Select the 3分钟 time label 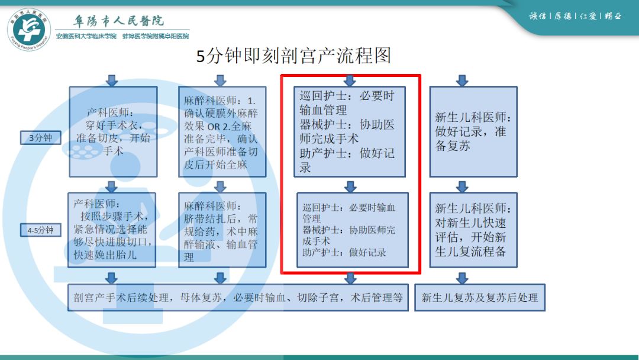41,138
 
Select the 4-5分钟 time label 41,229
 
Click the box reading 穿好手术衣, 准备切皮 113,131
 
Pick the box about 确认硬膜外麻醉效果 222,131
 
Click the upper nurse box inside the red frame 350,131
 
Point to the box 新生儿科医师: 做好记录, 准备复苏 473,131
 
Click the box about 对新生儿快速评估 473,230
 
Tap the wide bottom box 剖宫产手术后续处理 238,297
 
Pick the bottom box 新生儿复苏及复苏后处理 479,297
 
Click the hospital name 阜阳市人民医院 118,21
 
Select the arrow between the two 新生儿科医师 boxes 462,185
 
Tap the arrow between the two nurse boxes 350,185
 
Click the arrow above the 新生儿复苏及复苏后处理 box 462,277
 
